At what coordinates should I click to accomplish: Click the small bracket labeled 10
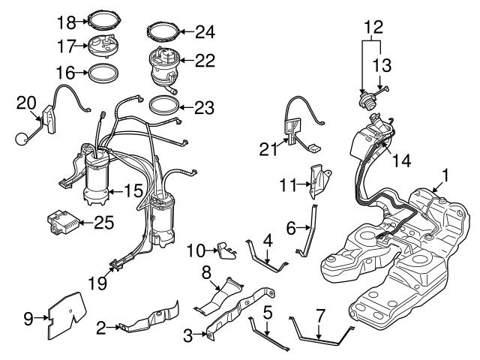(x=224, y=248)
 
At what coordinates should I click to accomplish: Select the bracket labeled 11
(x=322, y=179)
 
